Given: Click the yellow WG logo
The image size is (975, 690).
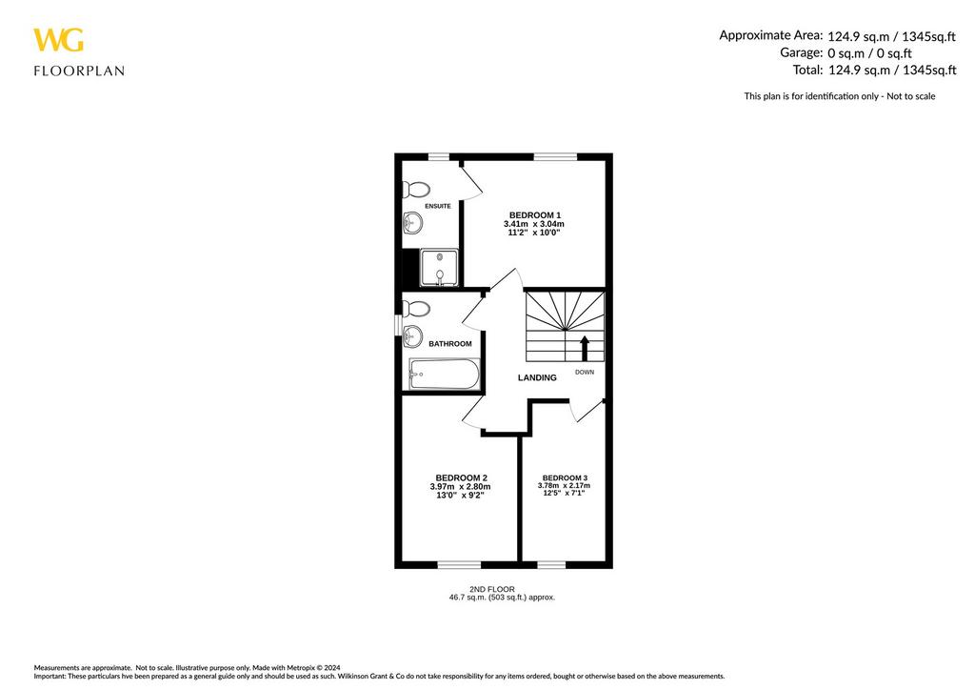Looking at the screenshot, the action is click(x=58, y=40).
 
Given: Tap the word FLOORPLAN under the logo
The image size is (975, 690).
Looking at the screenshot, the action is click(x=79, y=71).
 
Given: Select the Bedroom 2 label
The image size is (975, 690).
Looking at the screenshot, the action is click(x=461, y=477).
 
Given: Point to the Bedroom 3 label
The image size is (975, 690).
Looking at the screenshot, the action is click(x=565, y=477).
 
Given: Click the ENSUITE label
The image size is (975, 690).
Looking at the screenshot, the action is click(x=438, y=206).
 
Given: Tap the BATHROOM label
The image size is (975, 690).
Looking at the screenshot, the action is click(x=450, y=343).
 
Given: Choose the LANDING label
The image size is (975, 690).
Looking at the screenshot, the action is click(x=537, y=377).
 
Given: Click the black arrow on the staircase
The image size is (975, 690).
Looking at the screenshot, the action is click(x=585, y=349).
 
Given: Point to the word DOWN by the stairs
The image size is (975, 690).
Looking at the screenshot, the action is click(x=585, y=372).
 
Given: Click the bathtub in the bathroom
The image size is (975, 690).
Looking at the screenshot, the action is click(x=444, y=374).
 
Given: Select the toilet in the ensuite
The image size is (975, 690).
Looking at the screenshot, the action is click(x=416, y=189).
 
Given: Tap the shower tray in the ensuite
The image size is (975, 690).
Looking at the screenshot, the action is click(x=440, y=268).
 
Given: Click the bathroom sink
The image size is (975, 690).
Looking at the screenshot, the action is click(x=412, y=336).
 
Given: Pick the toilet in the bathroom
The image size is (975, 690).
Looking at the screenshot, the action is click(x=416, y=309).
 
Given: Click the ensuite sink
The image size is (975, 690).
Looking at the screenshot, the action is click(x=412, y=221).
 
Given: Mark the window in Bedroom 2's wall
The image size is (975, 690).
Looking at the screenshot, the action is click(x=460, y=564).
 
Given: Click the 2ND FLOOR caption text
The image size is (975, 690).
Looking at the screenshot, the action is click(x=492, y=589).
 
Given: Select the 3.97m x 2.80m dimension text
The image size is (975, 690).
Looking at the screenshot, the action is click(x=460, y=487).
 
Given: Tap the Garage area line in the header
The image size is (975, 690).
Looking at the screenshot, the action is click(x=846, y=52).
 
